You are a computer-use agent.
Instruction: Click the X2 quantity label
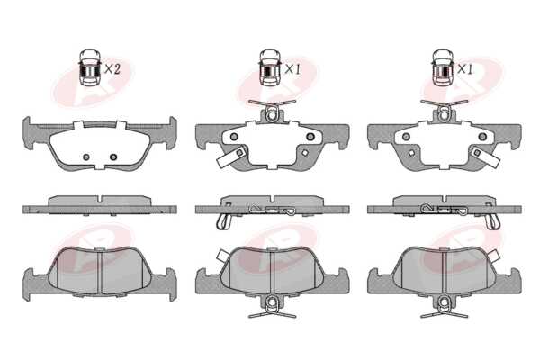pyautogui.click(x=112, y=69)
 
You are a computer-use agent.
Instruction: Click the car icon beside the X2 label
pyautogui.click(x=89, y=67)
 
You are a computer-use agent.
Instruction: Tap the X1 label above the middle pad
pyautogui.click(x=292, y=69)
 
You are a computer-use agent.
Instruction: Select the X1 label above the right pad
pyautogui.click(x=465, y=69)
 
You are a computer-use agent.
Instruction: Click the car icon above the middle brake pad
pyautogui.click(x=270, y=67)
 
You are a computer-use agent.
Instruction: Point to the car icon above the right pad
pyautogui.click(x=443, y=67)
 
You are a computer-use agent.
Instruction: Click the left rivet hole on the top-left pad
pyautogui.click(x=86, y=157)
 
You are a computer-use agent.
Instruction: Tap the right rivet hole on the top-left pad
pyautogui.click(x=113, y=157)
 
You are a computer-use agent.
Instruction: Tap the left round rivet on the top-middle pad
pyautogui.click(x=234, y=137)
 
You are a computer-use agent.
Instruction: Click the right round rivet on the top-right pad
pyautogui.click(x=482, y=137)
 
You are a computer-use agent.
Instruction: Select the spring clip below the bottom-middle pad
pyautogui.click(x=272, y=308)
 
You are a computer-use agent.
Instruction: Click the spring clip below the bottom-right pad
pyautogui.click(x=445, y=308)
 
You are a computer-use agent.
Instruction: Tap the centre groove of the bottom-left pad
pyautogui.click(x=100, y=272)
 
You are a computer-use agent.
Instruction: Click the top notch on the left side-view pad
pyautogui.click(x=100, y=199)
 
